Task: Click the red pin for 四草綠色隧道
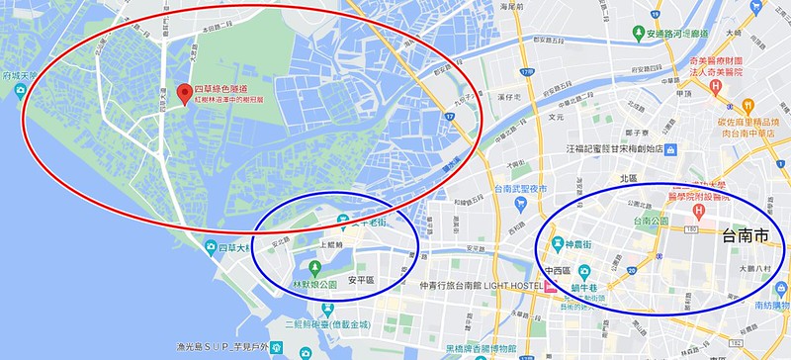pos(184,94)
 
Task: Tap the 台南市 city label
pos(745,237)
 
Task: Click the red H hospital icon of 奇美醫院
pos(715,87)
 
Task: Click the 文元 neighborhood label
pos(557,116)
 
